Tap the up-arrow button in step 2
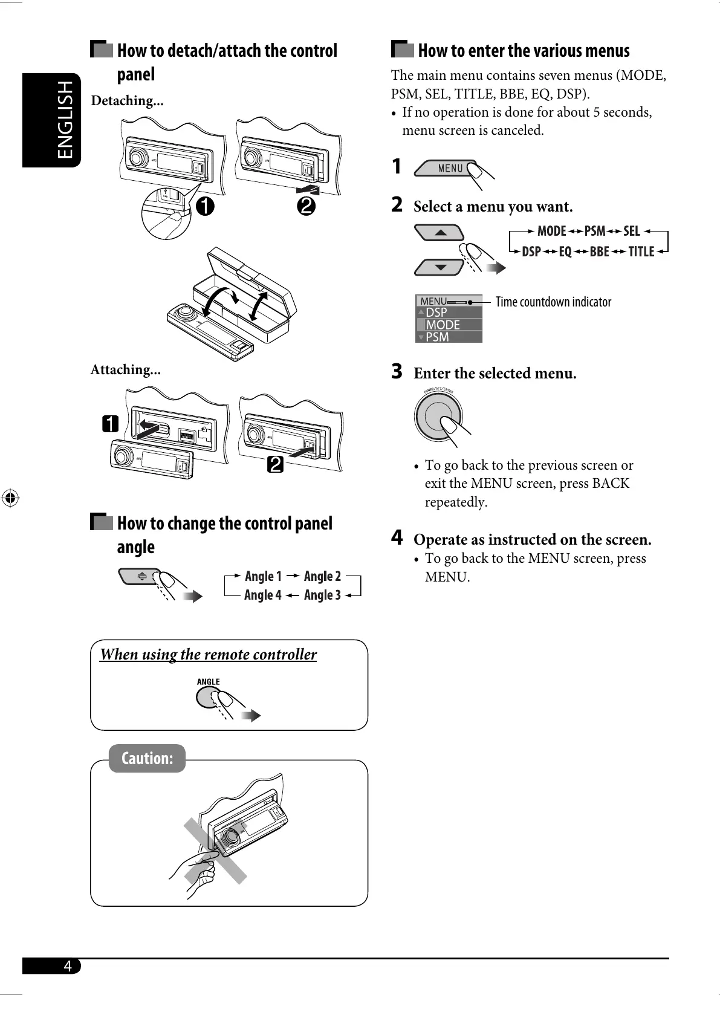440,233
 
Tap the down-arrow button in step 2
440,267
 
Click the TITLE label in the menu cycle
641,252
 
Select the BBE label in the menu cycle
599,252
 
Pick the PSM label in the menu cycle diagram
594,232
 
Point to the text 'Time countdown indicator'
553,302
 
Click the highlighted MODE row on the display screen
448,325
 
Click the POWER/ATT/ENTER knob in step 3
438,417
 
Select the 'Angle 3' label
322,595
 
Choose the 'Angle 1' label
263,576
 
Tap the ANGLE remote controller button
209,698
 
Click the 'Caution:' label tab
147,758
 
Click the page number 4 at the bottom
68,966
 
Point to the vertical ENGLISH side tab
65,120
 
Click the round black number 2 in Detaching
306,206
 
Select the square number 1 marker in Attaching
110,424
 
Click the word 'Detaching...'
127,101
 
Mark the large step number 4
397,537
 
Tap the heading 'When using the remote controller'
208,655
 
